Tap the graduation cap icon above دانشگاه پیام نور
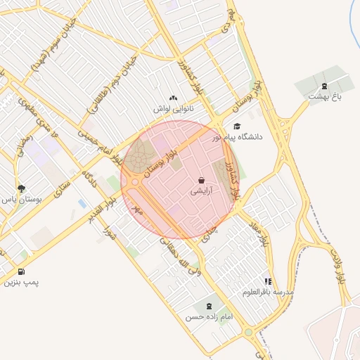236,126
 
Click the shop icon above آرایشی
202,180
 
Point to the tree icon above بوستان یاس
21,188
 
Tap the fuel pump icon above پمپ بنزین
21,272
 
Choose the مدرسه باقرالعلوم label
268,291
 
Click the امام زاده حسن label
209,318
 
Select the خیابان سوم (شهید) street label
50,52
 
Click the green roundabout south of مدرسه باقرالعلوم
248,332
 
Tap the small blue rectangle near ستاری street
83,203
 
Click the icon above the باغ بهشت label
323,86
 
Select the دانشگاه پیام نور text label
239,137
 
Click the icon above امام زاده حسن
209,306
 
